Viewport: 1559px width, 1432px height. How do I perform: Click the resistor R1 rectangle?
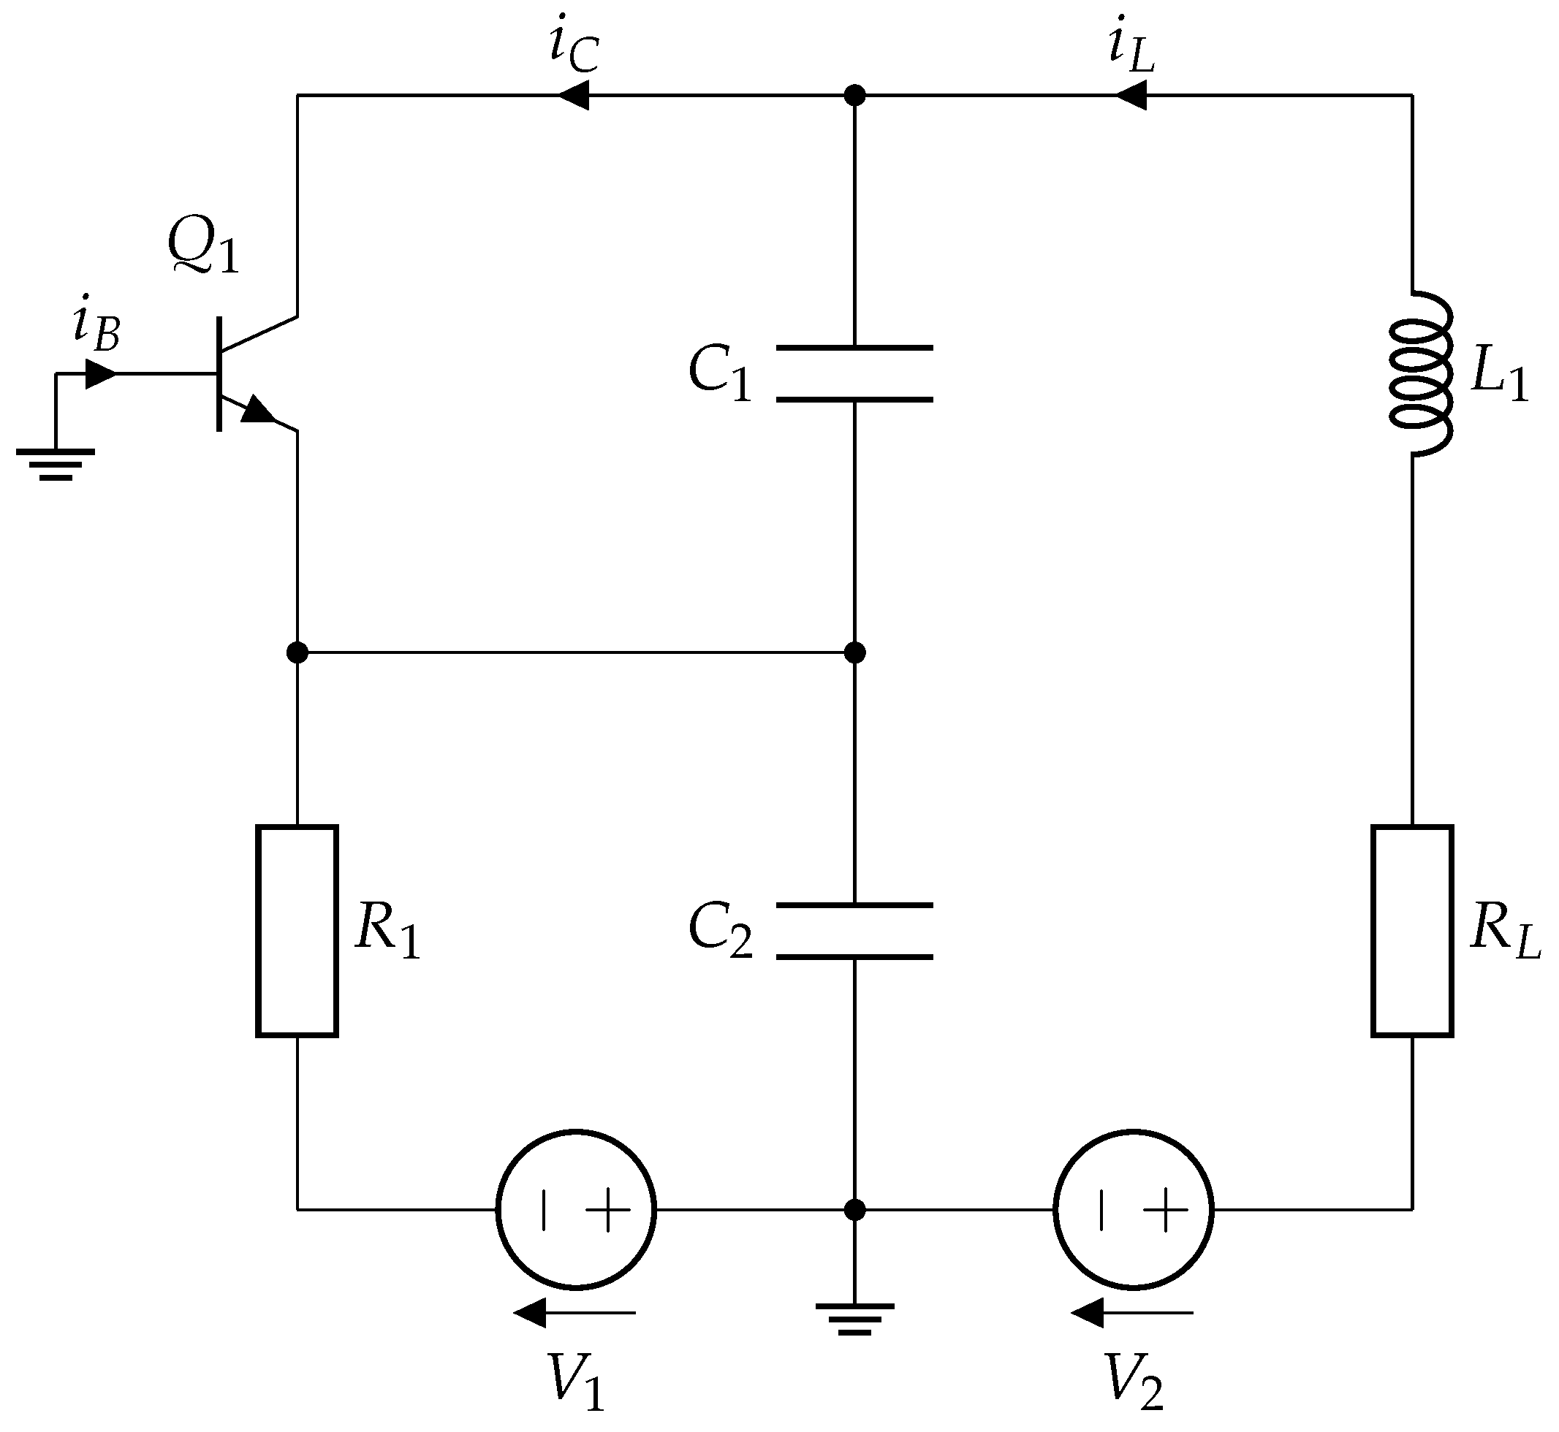click(297, 931)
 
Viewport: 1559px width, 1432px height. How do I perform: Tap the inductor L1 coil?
click(1417, 374)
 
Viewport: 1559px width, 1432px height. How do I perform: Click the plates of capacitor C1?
click(854, 374)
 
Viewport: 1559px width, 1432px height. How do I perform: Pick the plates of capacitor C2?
click(854, 931)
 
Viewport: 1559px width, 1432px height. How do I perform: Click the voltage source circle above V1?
click(576, 1210)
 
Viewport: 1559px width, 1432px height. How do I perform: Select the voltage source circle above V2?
click(1134, 1210)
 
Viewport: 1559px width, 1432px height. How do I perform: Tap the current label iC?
click(574, 50)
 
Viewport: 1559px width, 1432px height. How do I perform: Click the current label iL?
click(1131, 50)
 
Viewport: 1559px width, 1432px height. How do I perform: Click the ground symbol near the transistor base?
click(56, 463)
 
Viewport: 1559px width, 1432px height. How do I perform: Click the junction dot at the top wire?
click(854, 95)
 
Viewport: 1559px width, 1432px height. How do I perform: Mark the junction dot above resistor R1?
click(297, 652)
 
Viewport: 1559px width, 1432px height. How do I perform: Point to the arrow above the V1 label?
click(574, 1314)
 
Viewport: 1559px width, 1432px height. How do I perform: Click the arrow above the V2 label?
click(1132, 1314)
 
